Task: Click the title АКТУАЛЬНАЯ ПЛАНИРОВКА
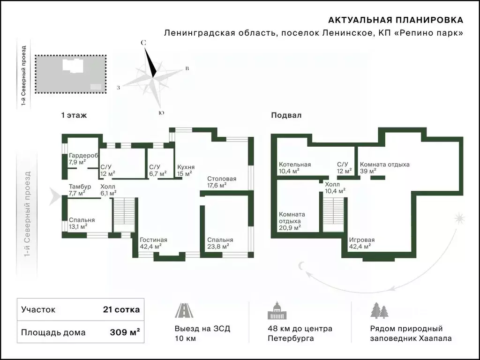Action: [x=396, y=20]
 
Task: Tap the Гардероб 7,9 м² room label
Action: [x=83, y=158]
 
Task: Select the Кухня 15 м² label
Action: [x=186, y=171]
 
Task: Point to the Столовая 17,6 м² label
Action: [x=222, y=182]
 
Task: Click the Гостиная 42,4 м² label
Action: [x=154, y=243]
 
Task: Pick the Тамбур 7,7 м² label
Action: [x=80, y=190]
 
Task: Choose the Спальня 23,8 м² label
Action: [x=220, y=243]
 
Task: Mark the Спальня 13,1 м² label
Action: [x=82, y=223]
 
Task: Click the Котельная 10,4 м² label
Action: [x=295, y=168]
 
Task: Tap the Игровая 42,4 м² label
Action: [x=362, y=243]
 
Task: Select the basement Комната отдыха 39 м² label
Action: [x=384, y=168]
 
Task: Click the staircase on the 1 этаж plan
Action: [x=124, y=215]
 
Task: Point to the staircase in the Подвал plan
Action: [x=334, y=215]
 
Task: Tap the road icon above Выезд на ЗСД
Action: [x=184, y=310]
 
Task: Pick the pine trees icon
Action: [x=379, y=310]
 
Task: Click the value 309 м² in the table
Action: [x=125, y=332]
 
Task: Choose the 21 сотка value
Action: [x=121, y=309]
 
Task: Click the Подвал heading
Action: [x=286, y=115]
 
